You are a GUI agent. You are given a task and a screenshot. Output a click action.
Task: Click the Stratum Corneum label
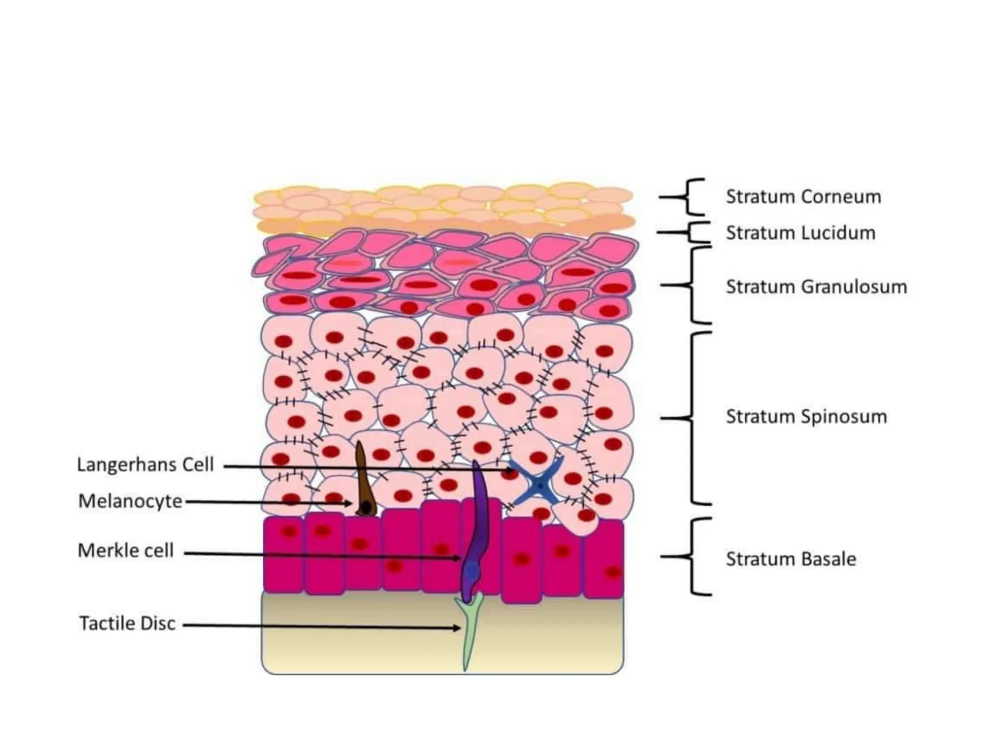coord(803,197)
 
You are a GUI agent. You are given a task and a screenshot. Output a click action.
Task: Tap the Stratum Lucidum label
coord(800,233)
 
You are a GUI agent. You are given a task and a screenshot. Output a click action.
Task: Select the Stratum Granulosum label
coord(816,286)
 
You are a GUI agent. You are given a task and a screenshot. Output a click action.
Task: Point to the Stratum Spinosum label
coord(806,416)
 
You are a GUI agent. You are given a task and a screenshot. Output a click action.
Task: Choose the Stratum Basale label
coord(790,559)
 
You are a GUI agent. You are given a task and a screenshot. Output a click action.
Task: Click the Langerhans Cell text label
coord(145,464)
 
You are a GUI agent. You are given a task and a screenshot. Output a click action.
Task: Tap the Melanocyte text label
coord(130,501)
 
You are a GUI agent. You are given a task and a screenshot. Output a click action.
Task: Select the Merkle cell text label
coord(126,550)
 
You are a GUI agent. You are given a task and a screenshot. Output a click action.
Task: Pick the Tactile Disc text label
coord(127,623)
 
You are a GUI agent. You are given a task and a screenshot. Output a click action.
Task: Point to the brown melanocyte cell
coord(364,482)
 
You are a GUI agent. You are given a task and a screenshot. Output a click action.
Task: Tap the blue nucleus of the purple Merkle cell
coord(472,570)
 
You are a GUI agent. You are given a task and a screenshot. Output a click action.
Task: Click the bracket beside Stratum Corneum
coord(691,197)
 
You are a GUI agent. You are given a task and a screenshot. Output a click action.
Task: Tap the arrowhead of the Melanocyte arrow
coord(349,504)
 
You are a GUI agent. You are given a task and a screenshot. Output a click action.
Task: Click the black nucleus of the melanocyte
coord(366,506)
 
